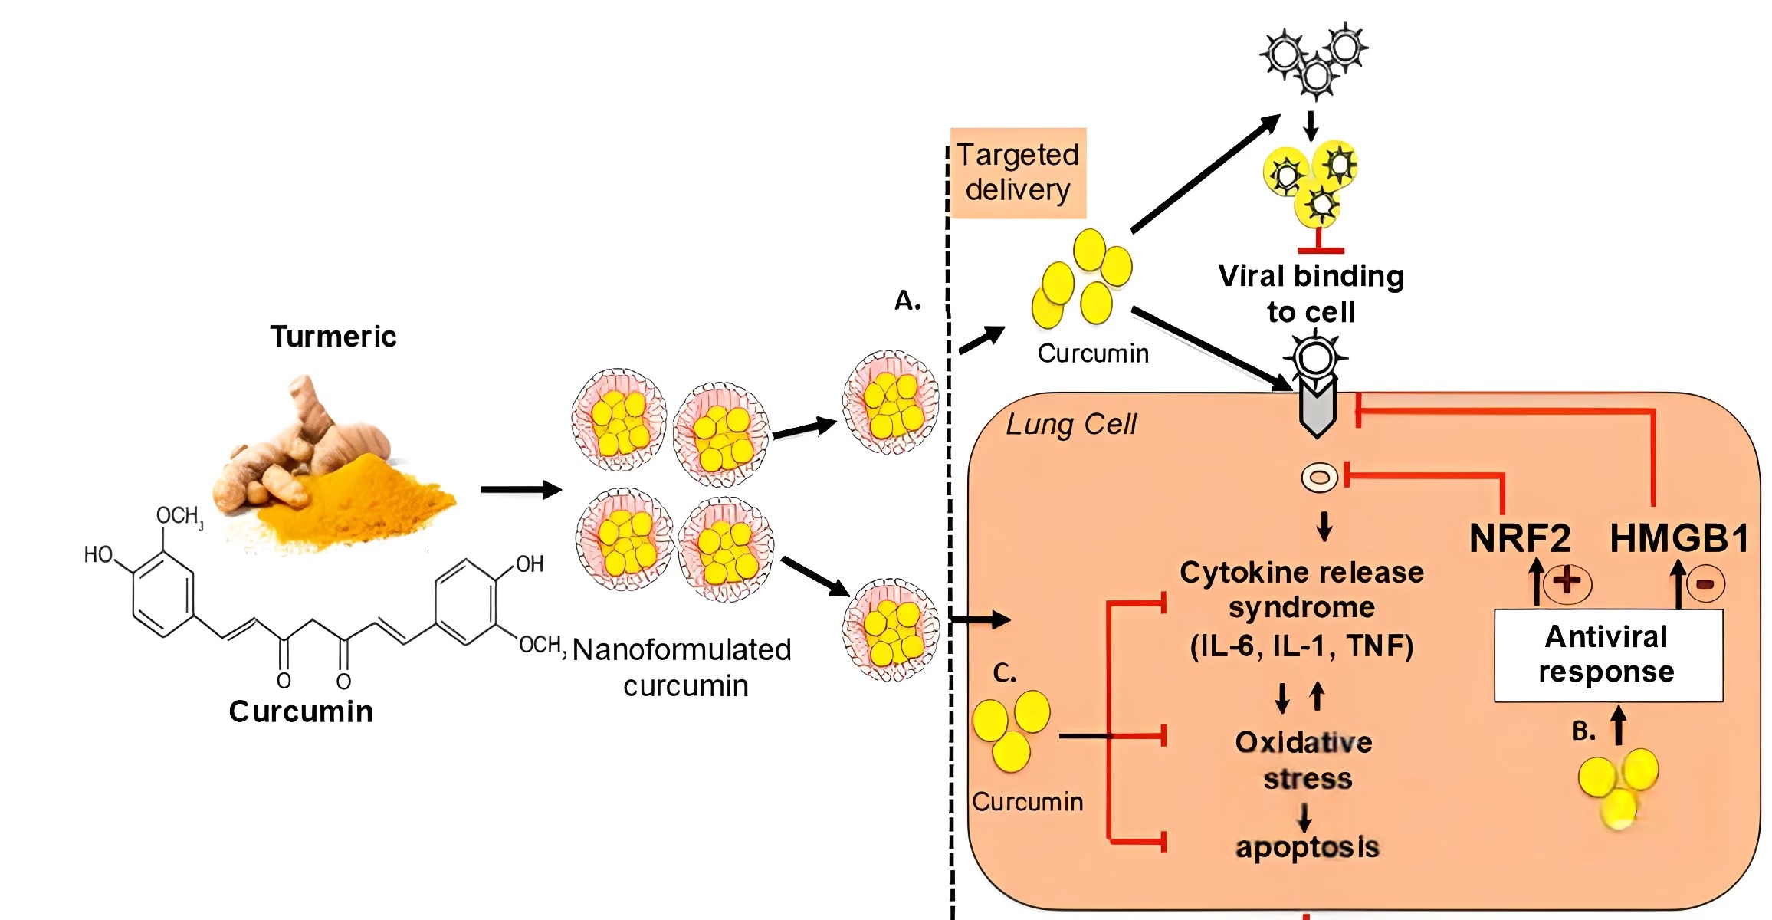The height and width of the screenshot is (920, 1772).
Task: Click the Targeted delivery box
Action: pyautogui.click(x=1018, y=173)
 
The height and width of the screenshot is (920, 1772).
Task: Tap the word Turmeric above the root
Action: pyautogui.click(x=333, y=337)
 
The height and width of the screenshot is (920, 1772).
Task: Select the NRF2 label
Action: pyautogui.click(x=1520, y=538)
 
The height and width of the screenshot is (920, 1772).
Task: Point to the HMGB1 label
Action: pyautogui.click(x=1678, y=538)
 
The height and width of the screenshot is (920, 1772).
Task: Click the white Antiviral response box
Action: pyautogui.click(x=1608, y=655)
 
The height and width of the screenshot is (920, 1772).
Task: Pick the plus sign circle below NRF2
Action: pyautogui.click(x=1567, y=582)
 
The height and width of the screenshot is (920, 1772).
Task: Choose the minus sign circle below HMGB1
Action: pyautogui.click(x=1705, y=584)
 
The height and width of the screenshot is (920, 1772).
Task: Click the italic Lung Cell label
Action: pyautogui.click(x=1071, y=424)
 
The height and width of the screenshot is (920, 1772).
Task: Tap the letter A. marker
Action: pyautogui.click(x=907, y=301)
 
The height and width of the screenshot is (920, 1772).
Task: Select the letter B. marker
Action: pyautogui.click(x=1583, y=731)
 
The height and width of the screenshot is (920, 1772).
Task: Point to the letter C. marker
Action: pyautogui.click(x=1004, y=673)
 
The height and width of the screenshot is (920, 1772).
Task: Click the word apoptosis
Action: pyautogui.click(x=1307, y=847)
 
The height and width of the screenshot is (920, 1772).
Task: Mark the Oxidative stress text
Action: pyautogui.click(x=1304, y=761)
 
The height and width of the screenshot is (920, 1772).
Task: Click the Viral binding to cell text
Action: pyautogui.click(x=1311, y=294)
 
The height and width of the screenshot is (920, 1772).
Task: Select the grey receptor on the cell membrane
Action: pyautogui.click(x=1318, y=410)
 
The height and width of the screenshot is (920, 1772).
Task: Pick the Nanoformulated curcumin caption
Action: pyautogui.click(x=682, y=667)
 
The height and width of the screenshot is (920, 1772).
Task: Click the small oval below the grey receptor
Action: pyautogui.click(x=1319, y=478)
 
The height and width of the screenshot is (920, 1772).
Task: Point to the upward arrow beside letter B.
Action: pyautogui.click(x=1618, y=725)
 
